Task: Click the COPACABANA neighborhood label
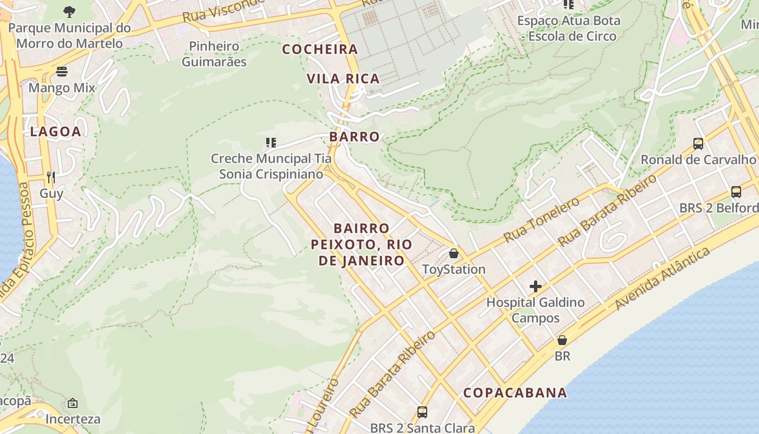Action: (515, 392)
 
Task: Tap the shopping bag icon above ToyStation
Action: (454, 253)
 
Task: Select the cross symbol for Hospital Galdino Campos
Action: (536, 286)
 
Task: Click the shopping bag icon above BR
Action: (562, 340)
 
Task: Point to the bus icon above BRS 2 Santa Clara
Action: (422, 412)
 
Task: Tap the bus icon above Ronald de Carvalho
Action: (698, 144)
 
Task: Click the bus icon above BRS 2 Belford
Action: (736, 192)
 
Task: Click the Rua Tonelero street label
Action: (541, 220)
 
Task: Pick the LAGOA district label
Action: (55, 131)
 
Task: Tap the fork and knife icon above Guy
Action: (51, 177)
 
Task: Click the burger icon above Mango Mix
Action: (62, 72)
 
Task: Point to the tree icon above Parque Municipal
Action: (69, 11)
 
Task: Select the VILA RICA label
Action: (343, 79)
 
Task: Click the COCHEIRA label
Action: (320, 49)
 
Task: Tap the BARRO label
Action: (355, 137)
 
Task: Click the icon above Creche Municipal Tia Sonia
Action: (271, 143)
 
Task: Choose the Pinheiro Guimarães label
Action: (214, 54)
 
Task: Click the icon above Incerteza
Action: (73, 403)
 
